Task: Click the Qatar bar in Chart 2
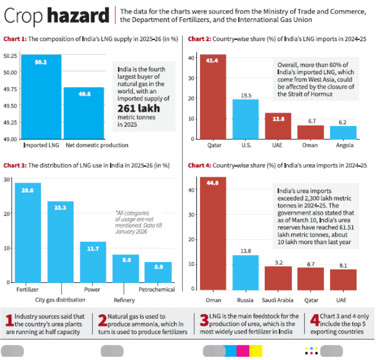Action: [214, 97]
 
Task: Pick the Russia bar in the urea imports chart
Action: [245, 272]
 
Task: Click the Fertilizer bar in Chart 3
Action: [28, 232]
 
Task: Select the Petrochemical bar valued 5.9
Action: [158, 272]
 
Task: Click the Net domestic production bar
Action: [84, 113]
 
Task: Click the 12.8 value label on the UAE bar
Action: [278, 119]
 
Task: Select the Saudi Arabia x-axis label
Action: [278, 300]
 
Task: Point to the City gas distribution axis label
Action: [60, 300]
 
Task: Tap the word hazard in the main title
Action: [78, 16]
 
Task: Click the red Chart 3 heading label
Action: [14, 165]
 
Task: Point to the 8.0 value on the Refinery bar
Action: [125, 260]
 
